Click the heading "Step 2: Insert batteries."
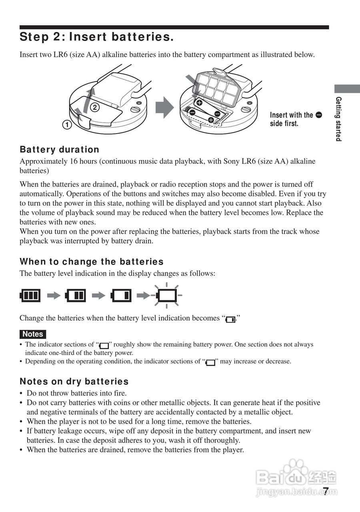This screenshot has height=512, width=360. pos(96,37)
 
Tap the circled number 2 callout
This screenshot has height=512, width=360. pos(95,107)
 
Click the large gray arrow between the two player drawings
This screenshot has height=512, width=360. pos(164,108)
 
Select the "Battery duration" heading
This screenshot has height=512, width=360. pos(59,150)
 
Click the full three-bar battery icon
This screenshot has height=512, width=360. pos(30,296)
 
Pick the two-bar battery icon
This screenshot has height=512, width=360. pos(75,296)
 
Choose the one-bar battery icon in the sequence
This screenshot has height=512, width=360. pos(121,296)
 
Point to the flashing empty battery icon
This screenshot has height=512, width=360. pos(166,296)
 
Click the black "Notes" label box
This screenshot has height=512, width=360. pos(33,334)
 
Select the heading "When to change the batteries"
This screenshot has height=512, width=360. pos(92,262)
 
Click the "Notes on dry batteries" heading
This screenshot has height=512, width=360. pos(74,382)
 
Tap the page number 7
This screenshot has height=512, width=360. pos(326,491)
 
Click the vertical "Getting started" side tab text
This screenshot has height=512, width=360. pos(338,119)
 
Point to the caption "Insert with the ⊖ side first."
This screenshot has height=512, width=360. pos(295,119)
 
